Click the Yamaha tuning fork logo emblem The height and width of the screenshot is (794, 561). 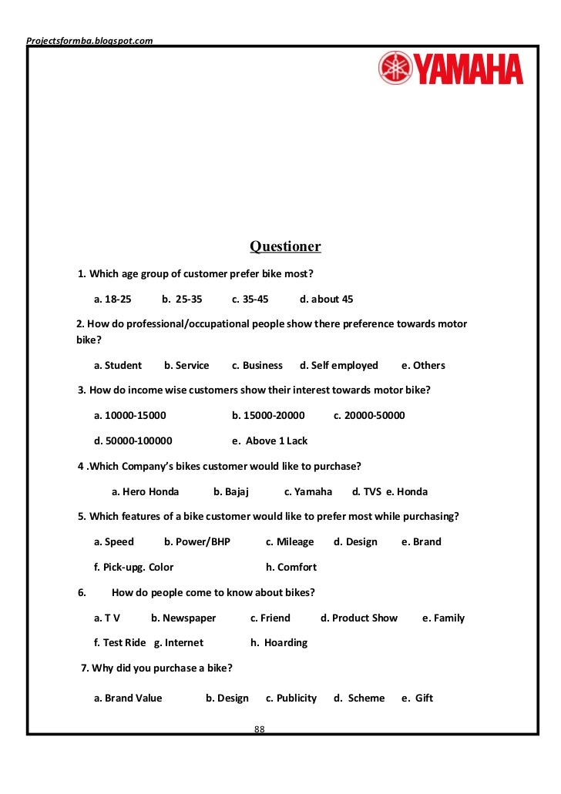tap(395, 68)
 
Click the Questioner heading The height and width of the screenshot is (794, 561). tap(285, 246)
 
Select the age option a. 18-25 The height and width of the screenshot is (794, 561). tap(113, 299)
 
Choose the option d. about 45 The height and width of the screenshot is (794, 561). tap(326, 299)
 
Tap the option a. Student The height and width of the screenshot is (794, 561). tap(118, 365)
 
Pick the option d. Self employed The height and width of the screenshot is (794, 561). tap(339, 365)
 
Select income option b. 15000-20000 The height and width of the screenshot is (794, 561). tap(268, 415)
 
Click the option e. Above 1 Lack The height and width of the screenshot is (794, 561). tap(269, 441)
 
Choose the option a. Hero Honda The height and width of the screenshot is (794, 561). tap(145, 491)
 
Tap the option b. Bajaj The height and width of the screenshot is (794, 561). tap(231, 491)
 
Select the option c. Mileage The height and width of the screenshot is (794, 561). tap(290, 541)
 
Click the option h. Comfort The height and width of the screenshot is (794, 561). tap(291, 567)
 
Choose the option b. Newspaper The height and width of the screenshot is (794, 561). tap(183, 618)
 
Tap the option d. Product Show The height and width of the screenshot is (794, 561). tap(359, 618)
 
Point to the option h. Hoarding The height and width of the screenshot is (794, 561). tap(278, 642)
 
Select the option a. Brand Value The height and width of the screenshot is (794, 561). tap(128, 698)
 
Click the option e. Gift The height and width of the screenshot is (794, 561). tap(417, 698)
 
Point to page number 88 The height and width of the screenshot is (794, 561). tap(260, 729)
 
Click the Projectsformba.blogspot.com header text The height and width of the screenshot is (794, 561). tap(89, 40)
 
